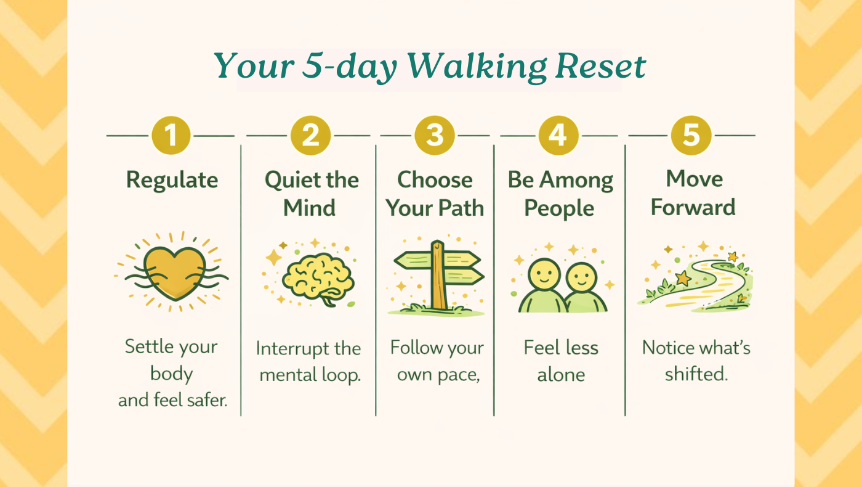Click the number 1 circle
tap(171, 135)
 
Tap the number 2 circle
tap(310, 135)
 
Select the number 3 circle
tap(435, 135)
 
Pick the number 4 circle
tap(558, 135)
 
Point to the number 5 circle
tap(691, 135)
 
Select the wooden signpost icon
tap(438, 276)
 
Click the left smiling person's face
tap(544, 276)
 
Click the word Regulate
tap(172, 181)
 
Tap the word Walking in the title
tap(477, 67)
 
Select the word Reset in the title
tap(601, 67)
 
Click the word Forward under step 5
tap(693, 207)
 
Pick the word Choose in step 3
tap(435, 180)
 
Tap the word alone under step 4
tap(561, 375)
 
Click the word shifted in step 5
tap(696, 374)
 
